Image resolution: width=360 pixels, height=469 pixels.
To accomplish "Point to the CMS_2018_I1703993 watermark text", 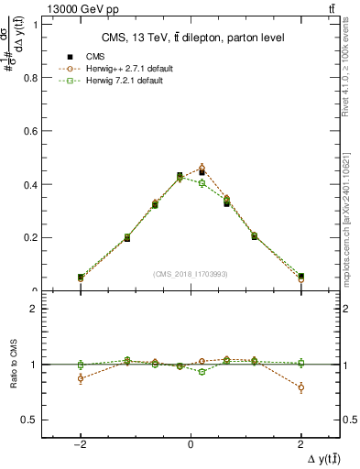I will [191, 274].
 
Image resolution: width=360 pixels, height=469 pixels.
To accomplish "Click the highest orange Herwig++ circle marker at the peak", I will [202, 168].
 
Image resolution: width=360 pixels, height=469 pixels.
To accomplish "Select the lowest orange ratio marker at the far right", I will [300, 387].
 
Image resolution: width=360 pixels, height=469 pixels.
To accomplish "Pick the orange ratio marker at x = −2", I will [81, 378].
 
